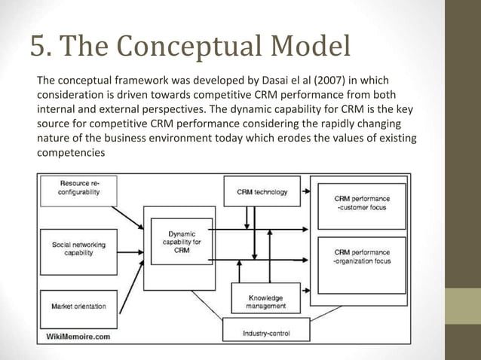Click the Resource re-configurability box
[78, 188]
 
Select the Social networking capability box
[78, 249]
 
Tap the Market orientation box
[78, 307]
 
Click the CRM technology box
[262, 192]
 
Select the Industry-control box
[265, 331]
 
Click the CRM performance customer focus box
[362, 204]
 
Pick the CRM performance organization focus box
[362, 256]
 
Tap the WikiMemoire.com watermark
[78, 336]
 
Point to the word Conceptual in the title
[172, 47]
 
